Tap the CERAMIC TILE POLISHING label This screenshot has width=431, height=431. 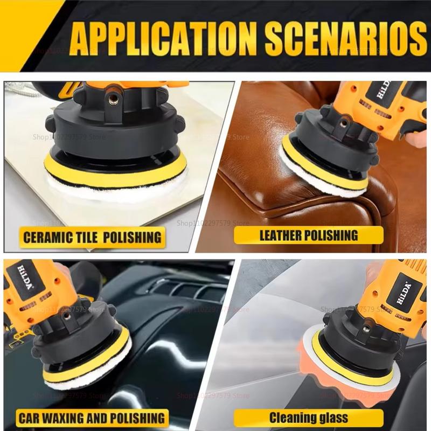coord(91,236)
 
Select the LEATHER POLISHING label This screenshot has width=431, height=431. coord(309,235)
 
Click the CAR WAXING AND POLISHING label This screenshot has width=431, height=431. coord(91,418)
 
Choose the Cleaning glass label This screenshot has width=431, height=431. coord(309,418)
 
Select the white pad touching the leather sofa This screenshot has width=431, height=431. coord(318,178)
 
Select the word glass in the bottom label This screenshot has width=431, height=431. coord(331,418)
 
